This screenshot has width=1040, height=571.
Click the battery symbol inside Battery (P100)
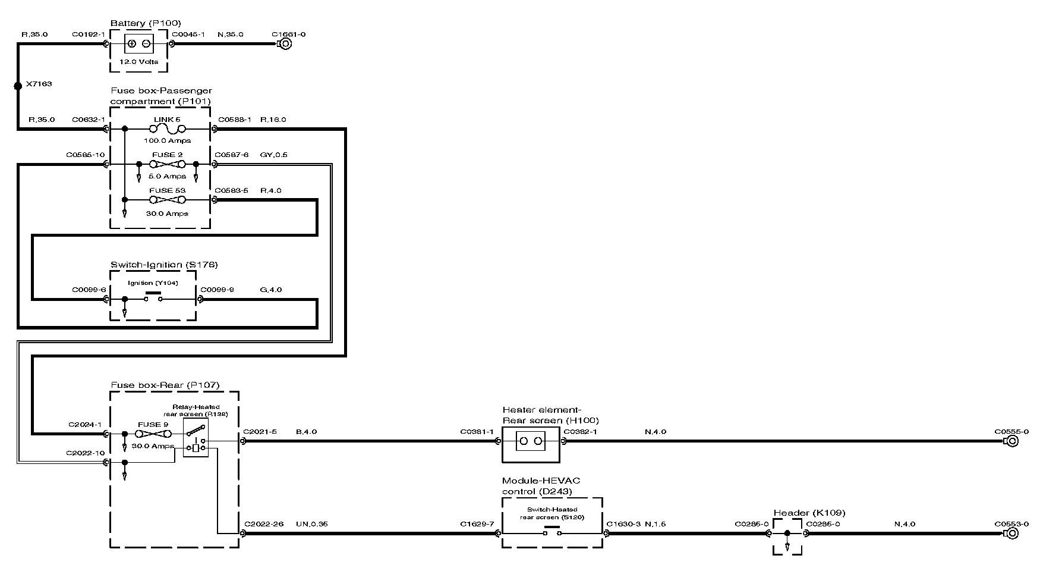(x=139, y=43)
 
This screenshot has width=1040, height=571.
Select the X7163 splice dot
(x=18, y=86)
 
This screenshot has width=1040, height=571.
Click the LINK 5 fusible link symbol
(x=167, y=128)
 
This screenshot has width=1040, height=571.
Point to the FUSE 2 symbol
(x=167, y=164)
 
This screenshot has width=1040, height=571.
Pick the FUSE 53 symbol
(x=167, y=200)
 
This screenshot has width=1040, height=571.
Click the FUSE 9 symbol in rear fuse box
(x=153, y=435)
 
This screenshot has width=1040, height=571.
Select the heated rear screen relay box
(x=196, y=438)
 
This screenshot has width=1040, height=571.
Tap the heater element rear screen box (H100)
(x=531, y=442)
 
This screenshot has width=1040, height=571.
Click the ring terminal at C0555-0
(x=1011, y=441)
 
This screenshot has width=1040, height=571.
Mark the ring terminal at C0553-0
(x=1011, y=534)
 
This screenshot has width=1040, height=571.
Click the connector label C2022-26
(x=264, y=525)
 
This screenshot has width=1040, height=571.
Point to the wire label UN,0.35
(x=311, y=525)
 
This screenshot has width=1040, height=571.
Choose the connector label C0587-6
(x=232, y=155)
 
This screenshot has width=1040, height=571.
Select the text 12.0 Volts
(x=139, y=62)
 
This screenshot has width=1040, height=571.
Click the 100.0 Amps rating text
(x=167, y=141)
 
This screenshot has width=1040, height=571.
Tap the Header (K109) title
(x=809, y=513)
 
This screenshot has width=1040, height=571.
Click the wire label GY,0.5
(x=273, y=155)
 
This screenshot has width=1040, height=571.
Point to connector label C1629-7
(x=477, y=525)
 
